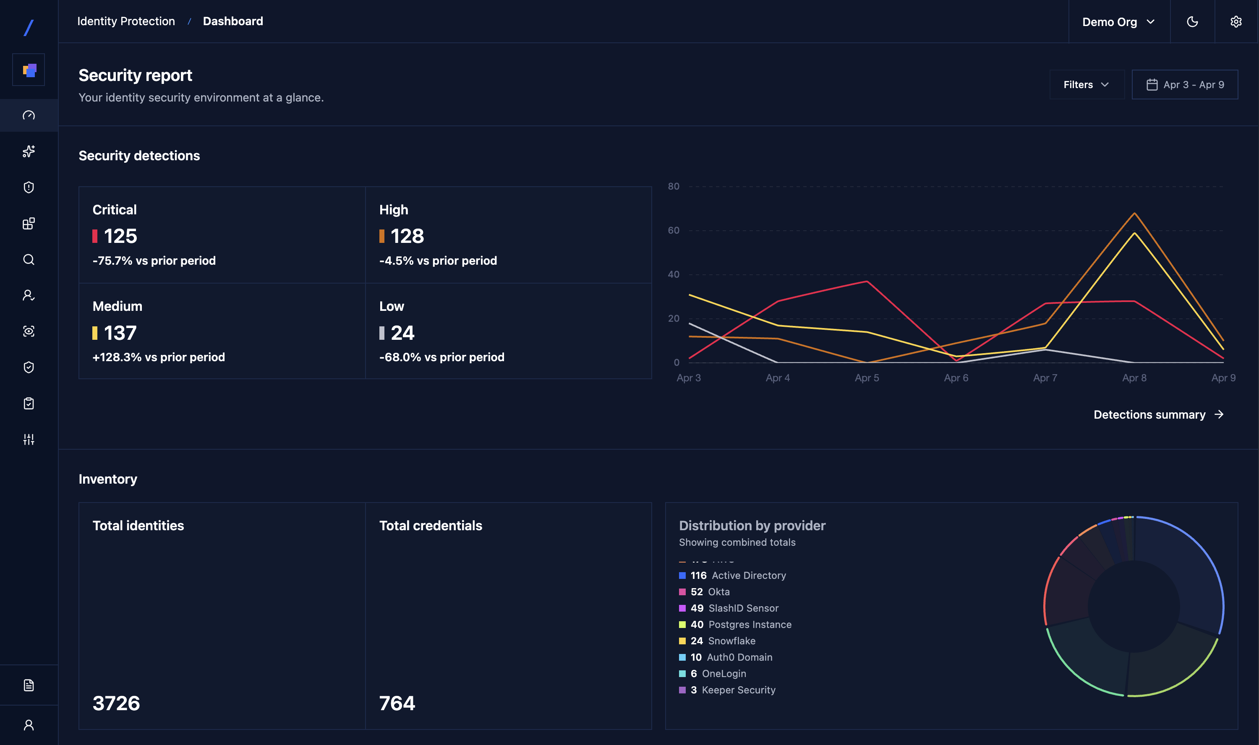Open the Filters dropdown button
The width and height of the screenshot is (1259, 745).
pyautogui.click(x=1086, y=84)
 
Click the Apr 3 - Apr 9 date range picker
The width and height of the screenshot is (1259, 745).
pyautogui.click(x=1184, y=84)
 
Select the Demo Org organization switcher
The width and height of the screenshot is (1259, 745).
pyautogui.click(x=1118, y=21)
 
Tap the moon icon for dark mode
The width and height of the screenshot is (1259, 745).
pyautogui.click(x=1192, y=21)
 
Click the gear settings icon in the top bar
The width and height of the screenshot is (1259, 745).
pyautogui.click(x=1235, y=21)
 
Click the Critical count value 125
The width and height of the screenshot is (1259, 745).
pyautogui.click(x=120, y=236)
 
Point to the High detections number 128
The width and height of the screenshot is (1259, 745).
pyautogui.click(x=407, y=236)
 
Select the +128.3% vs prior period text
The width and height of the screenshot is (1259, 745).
pyautogui.click(x=158, y=357)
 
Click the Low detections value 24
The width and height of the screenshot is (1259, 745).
pyautogui.click(x=402, y=333)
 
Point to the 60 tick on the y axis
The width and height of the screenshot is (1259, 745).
pyautogui.click(x=673, y=230)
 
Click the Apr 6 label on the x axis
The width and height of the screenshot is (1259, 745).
pyautogui.click(x=956, y=378)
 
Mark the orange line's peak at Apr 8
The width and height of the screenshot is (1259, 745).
pyautogui.click(x=1134, y=214)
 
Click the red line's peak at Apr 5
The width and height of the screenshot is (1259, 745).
pyautogui.click(x=867, y=281)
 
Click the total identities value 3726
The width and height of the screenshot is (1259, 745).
pyautogui.click(x=116, y=703)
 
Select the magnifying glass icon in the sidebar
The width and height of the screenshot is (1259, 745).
pyautogui.click(x=29, y=260)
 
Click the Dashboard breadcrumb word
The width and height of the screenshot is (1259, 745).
pyautogui.click(x=232, y=21)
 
